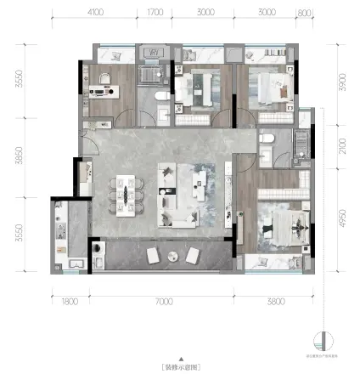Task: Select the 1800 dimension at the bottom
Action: tap(70, 299)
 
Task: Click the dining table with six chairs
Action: tap(130, 193)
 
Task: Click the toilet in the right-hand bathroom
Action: tap(267, 138)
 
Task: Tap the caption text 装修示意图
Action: tap(180, 366)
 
